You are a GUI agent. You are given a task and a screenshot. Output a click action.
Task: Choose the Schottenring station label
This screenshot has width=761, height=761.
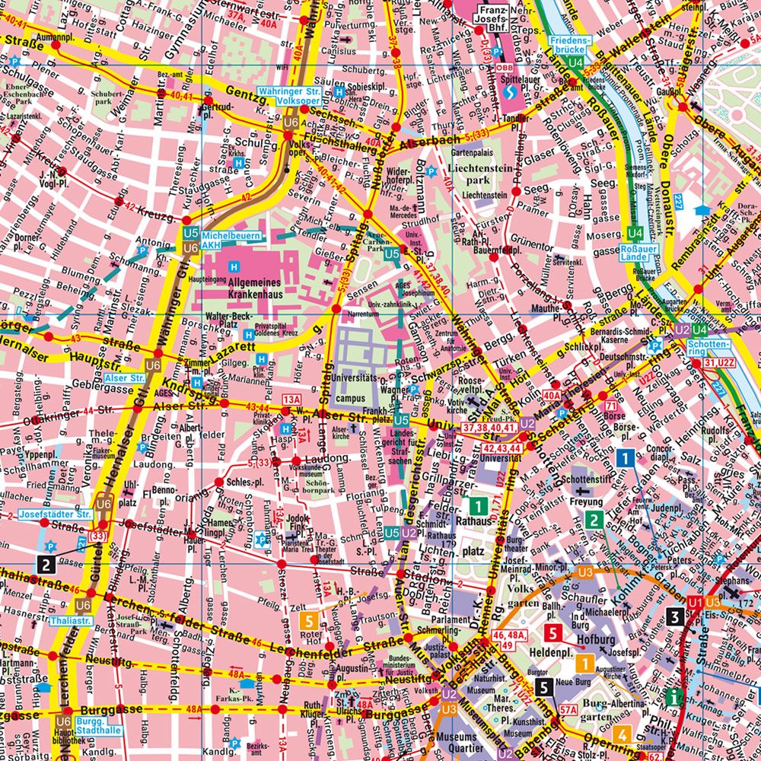click(705, 348)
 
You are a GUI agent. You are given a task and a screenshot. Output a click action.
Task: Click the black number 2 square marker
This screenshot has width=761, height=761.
click(46, 564)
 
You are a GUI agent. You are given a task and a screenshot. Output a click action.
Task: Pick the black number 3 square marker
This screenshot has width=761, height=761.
click(673, 616)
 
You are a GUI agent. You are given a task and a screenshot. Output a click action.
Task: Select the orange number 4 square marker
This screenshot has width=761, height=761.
click(622, 735)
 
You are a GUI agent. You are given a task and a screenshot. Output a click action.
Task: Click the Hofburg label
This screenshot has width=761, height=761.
click(594, 640)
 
